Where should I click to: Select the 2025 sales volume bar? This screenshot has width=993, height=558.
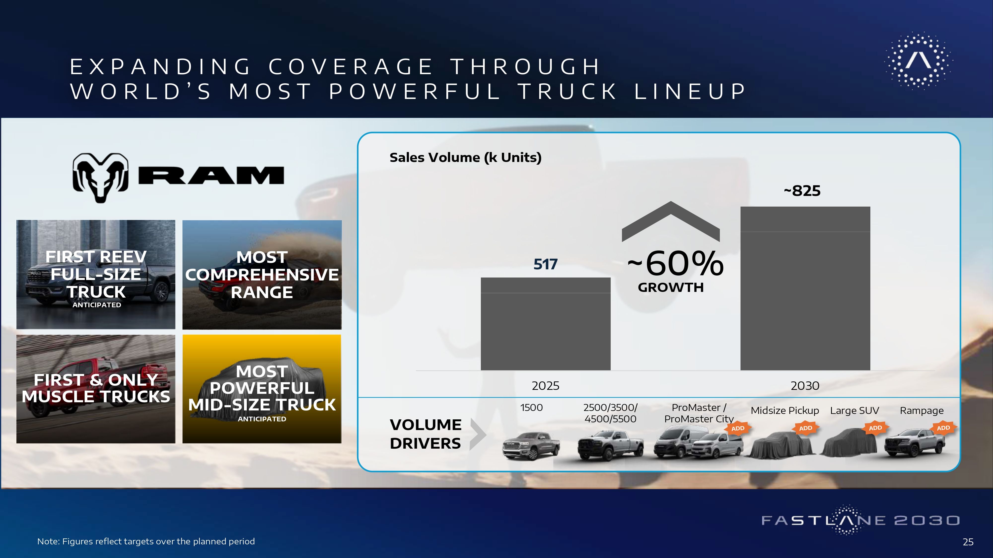[x=545, y=324]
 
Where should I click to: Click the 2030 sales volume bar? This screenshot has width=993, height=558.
[x=805, y=288]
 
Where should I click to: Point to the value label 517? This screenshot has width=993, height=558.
[x=545, y=264]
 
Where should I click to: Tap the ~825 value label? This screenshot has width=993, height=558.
[x=802, y=191]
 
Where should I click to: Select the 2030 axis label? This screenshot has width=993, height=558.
[x=805, y=385]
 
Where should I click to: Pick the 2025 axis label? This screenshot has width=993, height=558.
[x=545, y=385]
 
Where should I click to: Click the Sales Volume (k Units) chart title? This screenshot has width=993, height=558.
[x=465, y=157]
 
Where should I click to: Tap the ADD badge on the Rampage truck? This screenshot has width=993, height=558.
[x=943, y=428]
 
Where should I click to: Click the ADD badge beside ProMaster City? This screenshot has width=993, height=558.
[x=738, y=428]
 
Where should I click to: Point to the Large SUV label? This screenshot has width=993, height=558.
[x=855, y=410]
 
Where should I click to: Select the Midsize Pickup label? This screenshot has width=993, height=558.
[x=785, y=410]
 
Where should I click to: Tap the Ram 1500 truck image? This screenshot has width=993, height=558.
[x=531, y=446]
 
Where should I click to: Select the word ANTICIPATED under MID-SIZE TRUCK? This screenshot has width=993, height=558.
[x=262, y=419]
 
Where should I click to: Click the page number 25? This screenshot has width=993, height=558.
[x=968, y=542]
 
